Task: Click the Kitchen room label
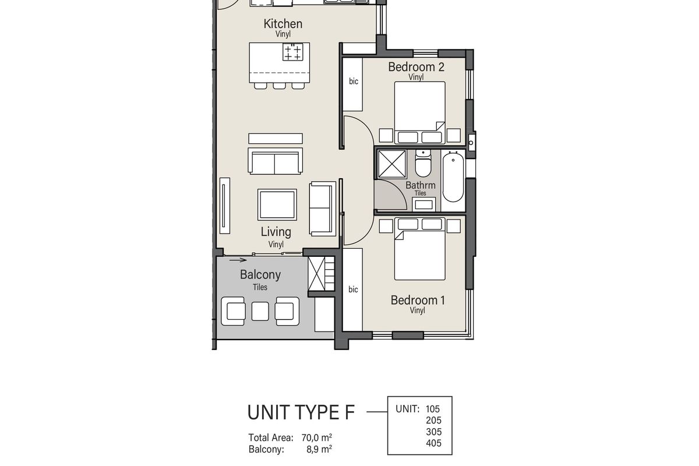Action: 283,24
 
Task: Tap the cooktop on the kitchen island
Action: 293,52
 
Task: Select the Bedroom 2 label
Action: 416,67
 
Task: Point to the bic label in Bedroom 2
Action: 354,82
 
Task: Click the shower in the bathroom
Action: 392,163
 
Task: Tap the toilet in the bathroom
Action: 423,165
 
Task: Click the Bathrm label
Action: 421,186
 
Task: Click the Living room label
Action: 276,231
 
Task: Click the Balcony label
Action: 260,274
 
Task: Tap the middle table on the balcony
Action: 260,311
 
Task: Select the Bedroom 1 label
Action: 418,301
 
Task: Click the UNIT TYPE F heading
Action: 301,412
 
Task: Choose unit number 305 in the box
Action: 433,432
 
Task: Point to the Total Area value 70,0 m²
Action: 317,437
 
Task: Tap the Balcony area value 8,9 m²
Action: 319,449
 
